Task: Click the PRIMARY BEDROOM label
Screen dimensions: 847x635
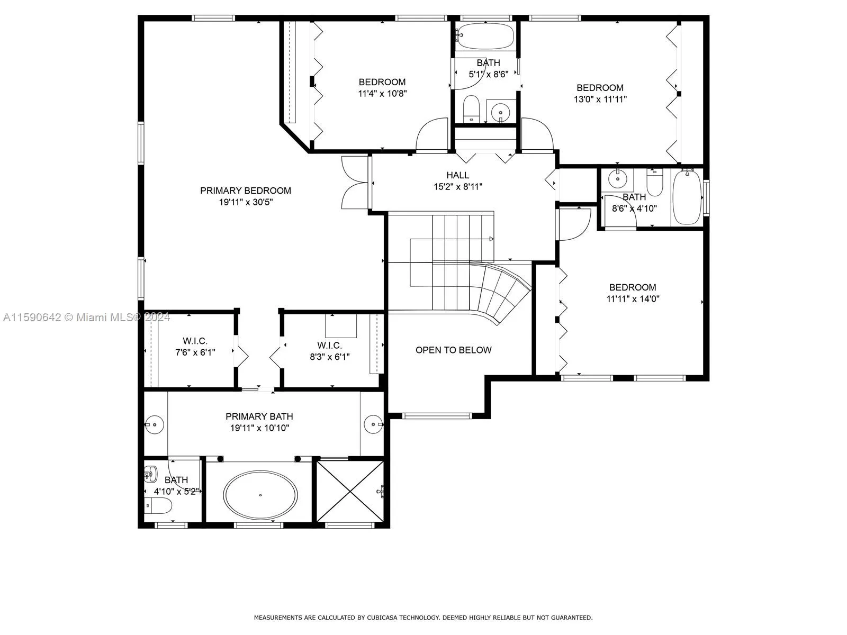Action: coord(246,190)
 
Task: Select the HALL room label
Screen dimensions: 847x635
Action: coord(458,175)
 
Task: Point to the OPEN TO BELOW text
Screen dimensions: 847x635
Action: coord(453,350)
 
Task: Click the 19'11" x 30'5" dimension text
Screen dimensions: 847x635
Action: coord(246,202)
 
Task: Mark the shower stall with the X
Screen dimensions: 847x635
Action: coord(350,491)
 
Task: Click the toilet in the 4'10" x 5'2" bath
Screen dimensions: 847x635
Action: coord(158,505)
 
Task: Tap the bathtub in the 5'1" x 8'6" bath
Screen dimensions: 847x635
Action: coord(485,36)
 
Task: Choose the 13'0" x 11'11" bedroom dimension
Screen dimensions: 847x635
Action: coord(600,99)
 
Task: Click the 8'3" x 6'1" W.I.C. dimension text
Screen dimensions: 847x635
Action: coord(330,357)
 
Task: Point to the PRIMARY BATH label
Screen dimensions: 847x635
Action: coord(259,416)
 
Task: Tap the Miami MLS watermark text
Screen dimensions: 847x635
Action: coord(86,317)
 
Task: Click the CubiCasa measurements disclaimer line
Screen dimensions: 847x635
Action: coord(423,617)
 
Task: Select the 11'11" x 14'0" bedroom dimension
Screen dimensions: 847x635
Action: coord(633,299)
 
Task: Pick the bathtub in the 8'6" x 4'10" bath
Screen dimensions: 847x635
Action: coord(687,197)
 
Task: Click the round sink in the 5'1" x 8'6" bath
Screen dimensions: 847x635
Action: coord(500,113)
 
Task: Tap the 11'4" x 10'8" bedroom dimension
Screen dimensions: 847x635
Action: coord(382,93)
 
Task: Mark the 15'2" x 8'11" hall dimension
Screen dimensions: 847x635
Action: coord(458,187)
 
